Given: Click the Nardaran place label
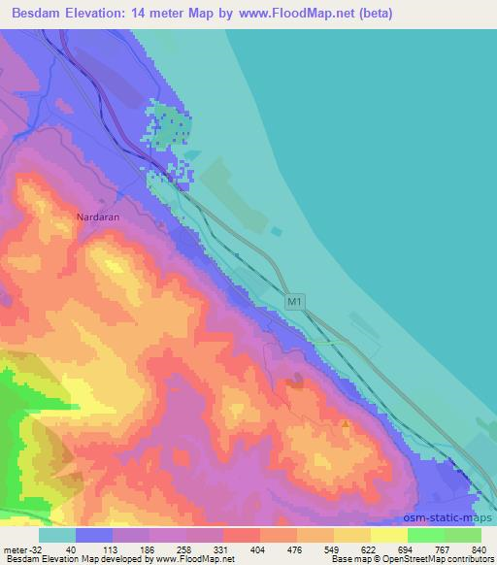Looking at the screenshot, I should pos(98,217).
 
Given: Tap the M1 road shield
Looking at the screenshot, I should pos(295,304).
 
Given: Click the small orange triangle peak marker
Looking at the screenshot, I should pos(345,423).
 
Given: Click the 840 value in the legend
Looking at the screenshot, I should pos(478,548).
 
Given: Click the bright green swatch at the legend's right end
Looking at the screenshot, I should pos(463,535).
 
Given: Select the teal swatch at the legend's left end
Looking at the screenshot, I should pos(57,535).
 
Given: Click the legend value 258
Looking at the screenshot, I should pos(183,548).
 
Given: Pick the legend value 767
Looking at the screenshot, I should pos(441,548).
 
